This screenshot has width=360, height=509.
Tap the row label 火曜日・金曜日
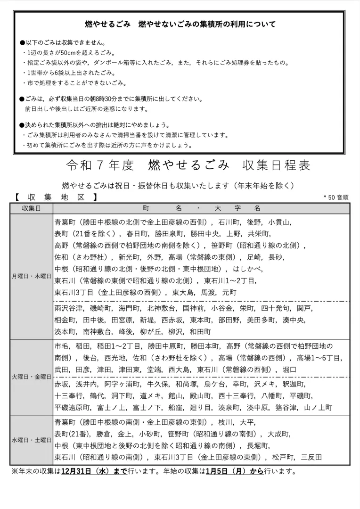coord(32,377)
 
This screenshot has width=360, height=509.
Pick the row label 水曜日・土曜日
coord(32,440)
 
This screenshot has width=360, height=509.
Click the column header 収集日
coord(32,208)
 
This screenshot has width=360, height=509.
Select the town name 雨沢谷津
coord(69,309)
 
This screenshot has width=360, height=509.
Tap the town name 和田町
coord(201,332)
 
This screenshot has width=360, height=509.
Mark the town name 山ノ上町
coord(319,407)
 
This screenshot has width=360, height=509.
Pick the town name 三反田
coord(311,457)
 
